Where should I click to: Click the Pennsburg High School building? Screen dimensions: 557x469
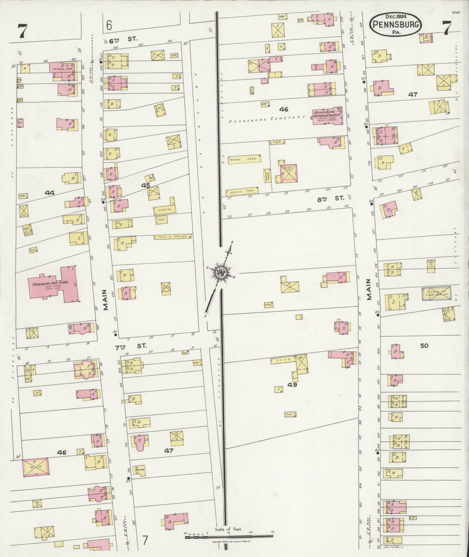pos(54,285)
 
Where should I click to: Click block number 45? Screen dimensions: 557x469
pos(145,185)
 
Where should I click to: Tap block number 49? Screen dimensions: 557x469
pos(292,385)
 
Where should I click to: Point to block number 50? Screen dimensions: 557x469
pos(424,346)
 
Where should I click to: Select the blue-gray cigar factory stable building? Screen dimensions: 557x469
pos(436,293)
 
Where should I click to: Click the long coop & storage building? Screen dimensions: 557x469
pos(172,237)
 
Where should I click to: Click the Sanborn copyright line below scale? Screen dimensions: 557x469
pos(229,542)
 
